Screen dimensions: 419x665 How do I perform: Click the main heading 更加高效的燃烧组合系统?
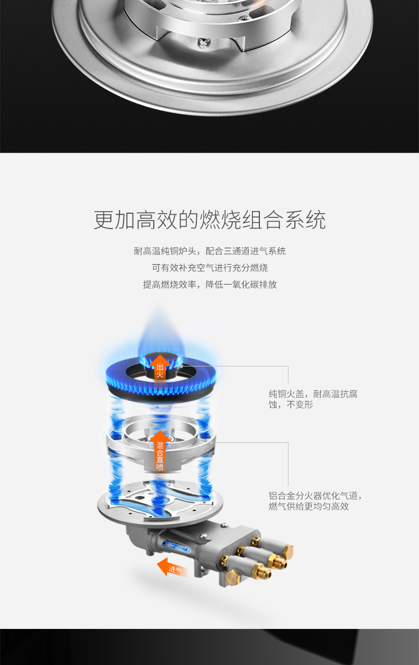click(x=210, y=220)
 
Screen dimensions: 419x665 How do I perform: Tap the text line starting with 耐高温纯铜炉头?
click(x=210, y=251)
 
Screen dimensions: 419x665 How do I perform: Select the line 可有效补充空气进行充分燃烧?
click(x=210, y=268)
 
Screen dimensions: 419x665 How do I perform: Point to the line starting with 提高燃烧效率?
click(x=210, y=284)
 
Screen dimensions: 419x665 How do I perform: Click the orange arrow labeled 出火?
click(x=160, y=370)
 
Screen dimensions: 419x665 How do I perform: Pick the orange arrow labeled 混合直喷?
click(x=160, y=451)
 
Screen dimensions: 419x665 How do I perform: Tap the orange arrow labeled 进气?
click(x=172, y=567)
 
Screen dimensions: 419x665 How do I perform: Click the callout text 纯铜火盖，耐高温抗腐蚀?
click(x=313, y=399)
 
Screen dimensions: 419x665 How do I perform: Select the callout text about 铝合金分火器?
click(x=315, y=501)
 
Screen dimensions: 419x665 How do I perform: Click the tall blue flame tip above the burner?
click(x=161, y=329)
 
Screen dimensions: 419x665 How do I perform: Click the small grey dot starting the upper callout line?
click(x=181, y=366)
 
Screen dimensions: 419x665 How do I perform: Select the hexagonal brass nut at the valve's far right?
click(x=288, y=552)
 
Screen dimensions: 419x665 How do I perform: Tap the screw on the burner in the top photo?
click(x=204, y=42)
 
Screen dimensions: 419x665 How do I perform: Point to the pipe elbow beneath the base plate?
click(x=137, y=533)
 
